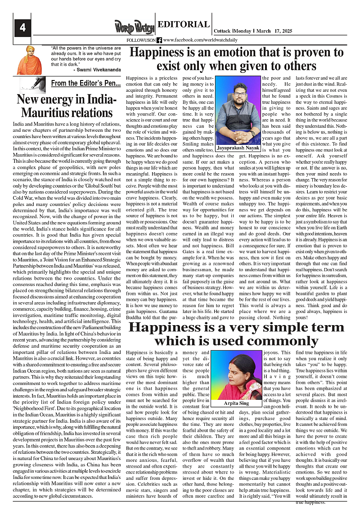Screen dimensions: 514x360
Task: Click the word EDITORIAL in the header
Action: tap(184, 24)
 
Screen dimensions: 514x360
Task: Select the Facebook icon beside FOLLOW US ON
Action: tap(159, 40)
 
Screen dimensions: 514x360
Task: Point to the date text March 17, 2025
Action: tap(274, 31)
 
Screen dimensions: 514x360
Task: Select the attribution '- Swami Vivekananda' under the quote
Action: tap(97, 70)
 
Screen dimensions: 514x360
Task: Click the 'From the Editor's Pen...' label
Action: tap(85, 83)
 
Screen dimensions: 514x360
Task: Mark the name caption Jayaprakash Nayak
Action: tap(238, 147)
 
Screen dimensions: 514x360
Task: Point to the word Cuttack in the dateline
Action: tap(222, 31)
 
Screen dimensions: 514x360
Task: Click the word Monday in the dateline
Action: tap(243, 31)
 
